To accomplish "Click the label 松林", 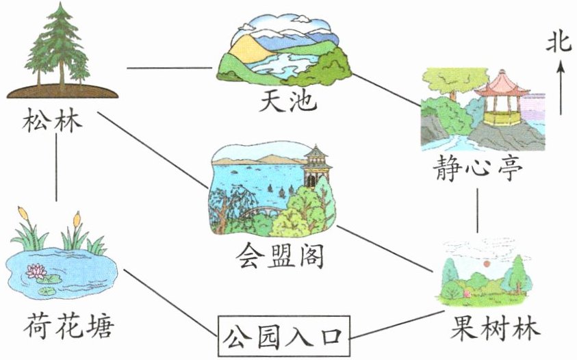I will point(52,124).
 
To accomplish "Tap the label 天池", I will point(288,102).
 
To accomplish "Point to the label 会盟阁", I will point(280,257).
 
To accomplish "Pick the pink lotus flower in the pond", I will point(35,272).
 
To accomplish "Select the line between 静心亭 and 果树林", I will point(477,208).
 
